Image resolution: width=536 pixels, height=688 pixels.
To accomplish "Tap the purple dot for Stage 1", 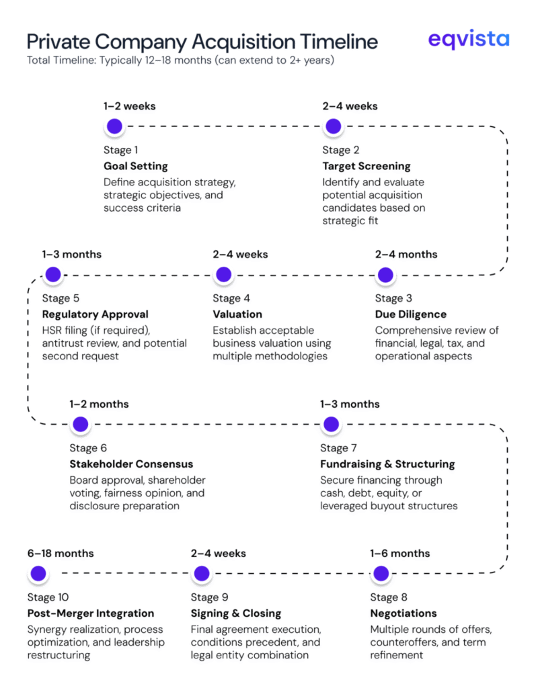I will point(114,126).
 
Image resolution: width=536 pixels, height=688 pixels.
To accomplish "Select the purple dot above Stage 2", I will point(333,126).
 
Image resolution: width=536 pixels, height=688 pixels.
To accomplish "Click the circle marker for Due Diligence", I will point(385,275).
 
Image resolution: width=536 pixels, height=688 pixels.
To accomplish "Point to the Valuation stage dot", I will point(224,275).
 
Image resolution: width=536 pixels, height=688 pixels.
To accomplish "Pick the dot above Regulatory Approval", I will point(52,275).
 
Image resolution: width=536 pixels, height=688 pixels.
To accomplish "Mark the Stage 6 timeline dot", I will point(80,425).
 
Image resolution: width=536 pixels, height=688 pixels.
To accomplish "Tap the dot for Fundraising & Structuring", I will point(330,425).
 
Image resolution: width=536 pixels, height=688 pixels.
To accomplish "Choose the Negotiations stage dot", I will point(381,574).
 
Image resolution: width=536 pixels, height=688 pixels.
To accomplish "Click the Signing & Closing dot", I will point(201,574).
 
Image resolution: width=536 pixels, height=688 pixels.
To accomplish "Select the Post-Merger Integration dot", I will point(38,574).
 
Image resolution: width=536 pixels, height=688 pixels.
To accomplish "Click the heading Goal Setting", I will point(135,166).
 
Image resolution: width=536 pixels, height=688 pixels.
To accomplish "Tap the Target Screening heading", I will point(366,166).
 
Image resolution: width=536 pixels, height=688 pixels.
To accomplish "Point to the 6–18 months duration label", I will point(61,554).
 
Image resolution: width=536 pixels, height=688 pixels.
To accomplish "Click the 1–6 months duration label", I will point(400,554).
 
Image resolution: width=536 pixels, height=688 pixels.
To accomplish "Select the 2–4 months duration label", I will point(406,255).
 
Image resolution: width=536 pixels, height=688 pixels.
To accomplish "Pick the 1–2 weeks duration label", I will point(130,106).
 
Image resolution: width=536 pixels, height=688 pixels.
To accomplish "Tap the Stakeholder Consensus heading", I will point(131,464).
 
